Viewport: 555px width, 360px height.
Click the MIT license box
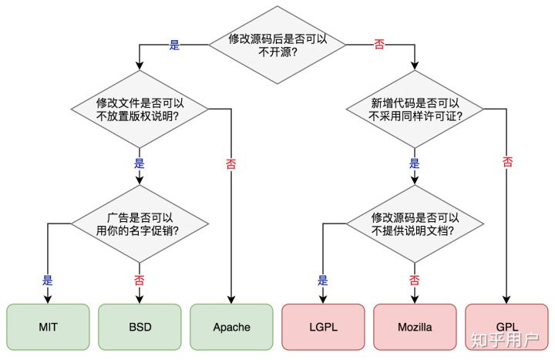point(48,327)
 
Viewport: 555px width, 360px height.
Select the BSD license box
point(140,327)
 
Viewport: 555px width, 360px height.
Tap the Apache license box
point(231,327)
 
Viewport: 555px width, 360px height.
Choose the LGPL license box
point(323,327)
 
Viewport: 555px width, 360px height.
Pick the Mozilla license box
point(415,327)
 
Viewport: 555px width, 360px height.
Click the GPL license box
point(506,327)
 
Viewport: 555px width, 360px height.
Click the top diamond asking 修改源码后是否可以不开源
point(277,45)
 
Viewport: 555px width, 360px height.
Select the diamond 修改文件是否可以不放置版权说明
point(140,109)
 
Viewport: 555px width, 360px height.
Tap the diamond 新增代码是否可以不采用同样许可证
point(415,109)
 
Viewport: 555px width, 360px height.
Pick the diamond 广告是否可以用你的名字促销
point(140,224)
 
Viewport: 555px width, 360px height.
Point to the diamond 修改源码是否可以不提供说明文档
point(415,224)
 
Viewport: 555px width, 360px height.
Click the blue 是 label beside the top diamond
point(174,45)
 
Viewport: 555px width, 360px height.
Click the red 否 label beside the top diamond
point(379,44)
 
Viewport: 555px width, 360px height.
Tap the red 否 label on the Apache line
point(231,163)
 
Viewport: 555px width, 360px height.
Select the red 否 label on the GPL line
point(507,162)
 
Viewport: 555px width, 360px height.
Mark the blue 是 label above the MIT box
point(48,281)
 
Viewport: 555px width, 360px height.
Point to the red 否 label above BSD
point(140,281)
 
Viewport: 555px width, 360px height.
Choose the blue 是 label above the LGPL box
point(323,281)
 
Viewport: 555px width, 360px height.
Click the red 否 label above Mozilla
point(415,281)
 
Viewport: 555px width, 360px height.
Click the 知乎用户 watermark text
point(505,341)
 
